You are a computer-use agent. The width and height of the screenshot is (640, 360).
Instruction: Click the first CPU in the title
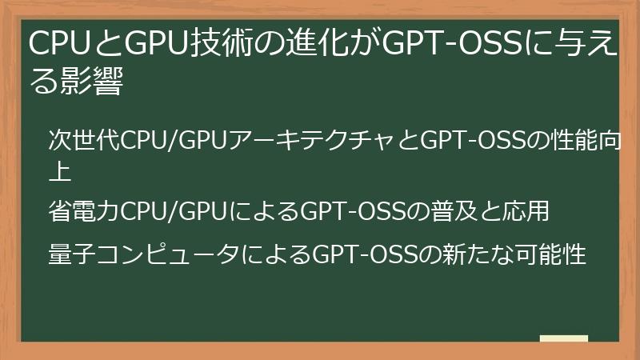58,46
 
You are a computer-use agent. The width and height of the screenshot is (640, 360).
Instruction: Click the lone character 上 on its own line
62,172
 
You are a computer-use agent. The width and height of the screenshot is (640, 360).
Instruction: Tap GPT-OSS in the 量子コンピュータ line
365,255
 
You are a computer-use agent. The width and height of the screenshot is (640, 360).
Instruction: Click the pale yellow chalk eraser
563,339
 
